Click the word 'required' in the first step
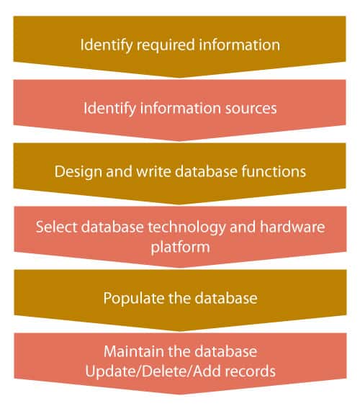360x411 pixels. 166,45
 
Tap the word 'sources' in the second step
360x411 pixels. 251,108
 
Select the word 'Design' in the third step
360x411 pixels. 78,172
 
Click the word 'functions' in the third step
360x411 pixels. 274,171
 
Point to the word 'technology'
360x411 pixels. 186,227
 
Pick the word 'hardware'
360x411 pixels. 292,227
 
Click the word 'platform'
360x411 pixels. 181,248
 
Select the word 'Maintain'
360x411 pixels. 134,351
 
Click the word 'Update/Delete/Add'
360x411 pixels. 153,371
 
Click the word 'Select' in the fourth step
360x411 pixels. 56,227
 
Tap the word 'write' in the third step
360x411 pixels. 153,171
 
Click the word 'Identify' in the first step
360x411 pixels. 106,45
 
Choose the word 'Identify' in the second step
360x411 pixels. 109,109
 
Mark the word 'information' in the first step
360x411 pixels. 239,45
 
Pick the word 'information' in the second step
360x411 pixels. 180,108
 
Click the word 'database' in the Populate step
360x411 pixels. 226,298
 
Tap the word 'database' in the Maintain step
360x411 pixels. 226,351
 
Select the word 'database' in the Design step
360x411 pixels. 206,171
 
